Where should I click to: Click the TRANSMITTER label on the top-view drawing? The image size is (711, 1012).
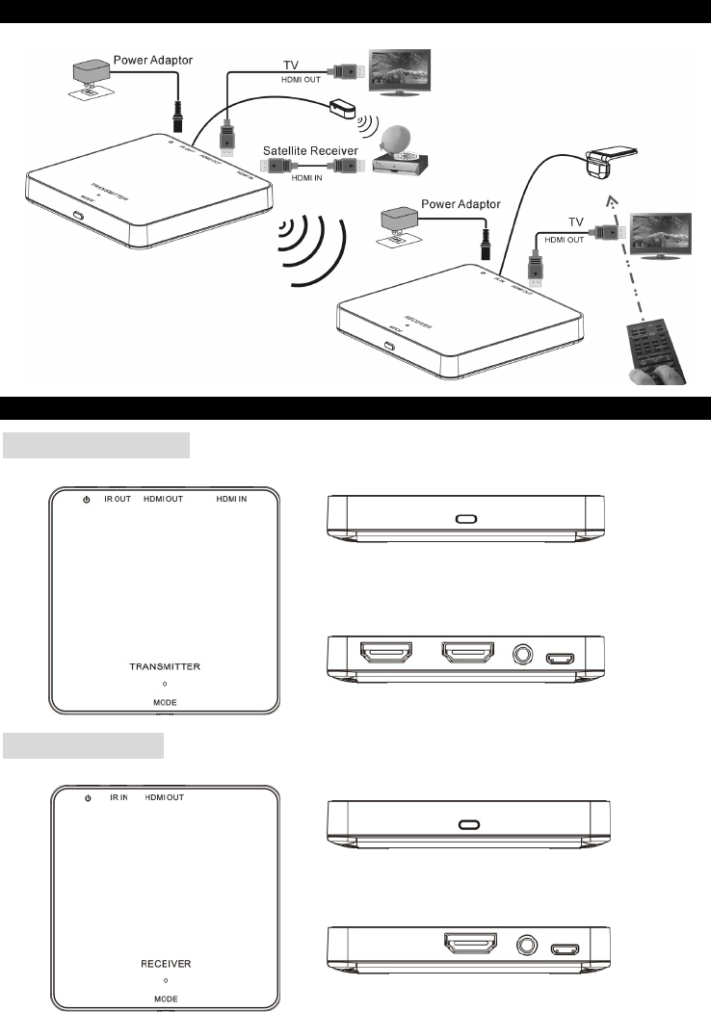[166, 665]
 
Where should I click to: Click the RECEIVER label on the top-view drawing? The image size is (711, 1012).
[166, 963]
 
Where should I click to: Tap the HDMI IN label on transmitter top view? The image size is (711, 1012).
[230, 501]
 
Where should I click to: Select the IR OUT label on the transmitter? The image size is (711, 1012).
[118, 501]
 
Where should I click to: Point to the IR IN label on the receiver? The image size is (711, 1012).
[118, 798]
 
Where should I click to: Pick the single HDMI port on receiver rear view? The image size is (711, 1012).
[470, 946]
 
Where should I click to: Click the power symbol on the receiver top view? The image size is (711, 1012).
[88, 798]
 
